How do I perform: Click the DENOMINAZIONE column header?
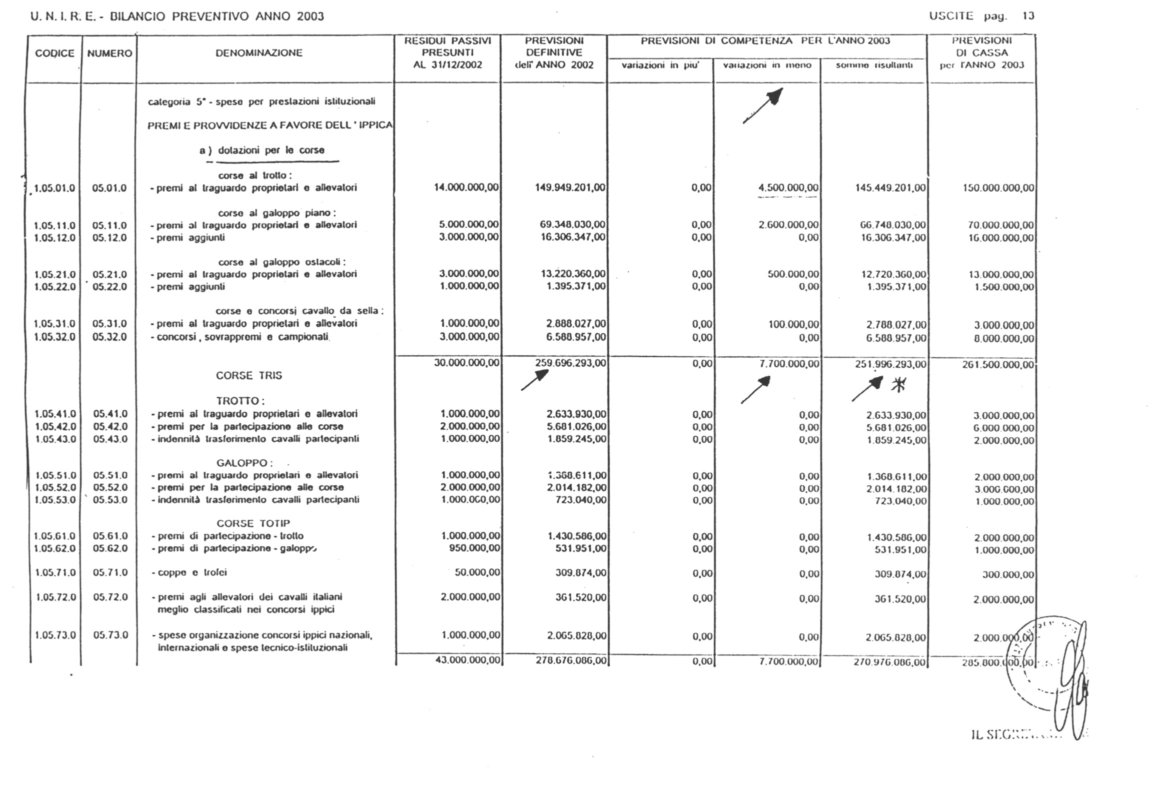click(x=259, y=53)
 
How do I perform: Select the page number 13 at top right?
click(x=1028, y=16)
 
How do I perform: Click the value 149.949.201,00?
click(x=570, y=188)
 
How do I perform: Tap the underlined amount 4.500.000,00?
click(x=788, y=188)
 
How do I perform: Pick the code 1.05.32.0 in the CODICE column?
click(x=55, y=337)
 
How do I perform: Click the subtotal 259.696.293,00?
click(x=570, y=363)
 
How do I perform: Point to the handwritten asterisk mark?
click(x=898, y=385)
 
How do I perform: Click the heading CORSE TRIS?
click(x=249, y=376)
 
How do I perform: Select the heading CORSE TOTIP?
click(x=253, y=523)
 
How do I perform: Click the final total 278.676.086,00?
click(x=571, y=661)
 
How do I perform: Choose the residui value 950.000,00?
click(x=474, y=548)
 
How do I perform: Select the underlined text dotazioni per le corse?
click(x=271, y=151)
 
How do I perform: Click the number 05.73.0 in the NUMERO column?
click(x=110, y=635)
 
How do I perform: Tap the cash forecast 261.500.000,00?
click(x=997, y=365)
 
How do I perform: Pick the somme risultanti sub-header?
click(x=874, y=66)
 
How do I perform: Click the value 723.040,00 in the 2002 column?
click(x=581, y=500)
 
